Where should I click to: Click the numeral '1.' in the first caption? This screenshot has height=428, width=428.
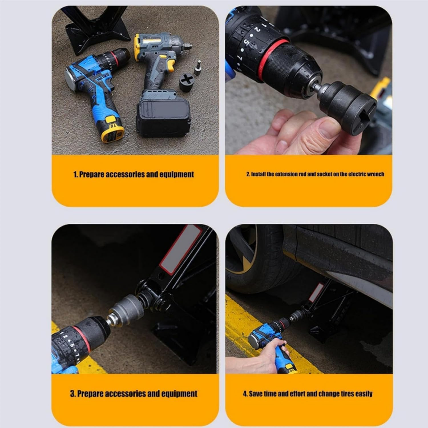[76, 174]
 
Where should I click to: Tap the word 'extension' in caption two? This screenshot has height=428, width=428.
[286, 174]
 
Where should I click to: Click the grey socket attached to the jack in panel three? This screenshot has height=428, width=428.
[126, 309]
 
